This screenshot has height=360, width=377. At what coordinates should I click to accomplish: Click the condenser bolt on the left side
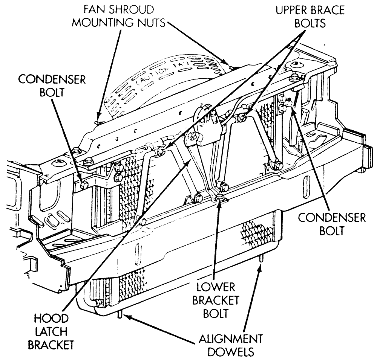(84, 185)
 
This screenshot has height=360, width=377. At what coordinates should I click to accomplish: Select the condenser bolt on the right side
(288, 102)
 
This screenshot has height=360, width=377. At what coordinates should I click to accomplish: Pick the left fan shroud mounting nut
(98, 122)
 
